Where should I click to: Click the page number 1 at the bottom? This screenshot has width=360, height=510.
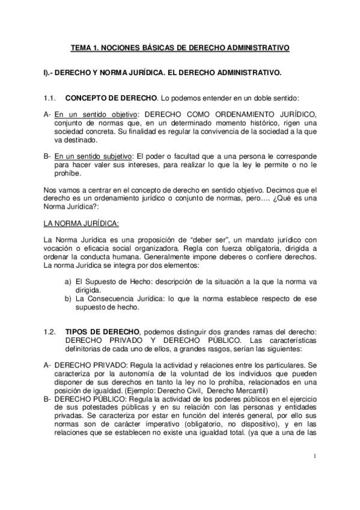[x=314, y=473]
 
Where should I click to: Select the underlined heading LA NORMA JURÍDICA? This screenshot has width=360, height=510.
[x=81, y=223]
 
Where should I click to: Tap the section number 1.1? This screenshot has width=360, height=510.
[x=50, y=97]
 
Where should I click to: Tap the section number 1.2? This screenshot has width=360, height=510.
[x=50, y=331]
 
